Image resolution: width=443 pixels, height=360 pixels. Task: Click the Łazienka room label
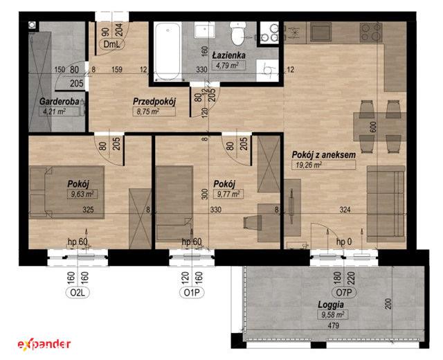pos(228,55)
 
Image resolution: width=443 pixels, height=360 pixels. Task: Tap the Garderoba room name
pos(59,102)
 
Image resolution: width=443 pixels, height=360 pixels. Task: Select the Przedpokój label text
pos(154,102)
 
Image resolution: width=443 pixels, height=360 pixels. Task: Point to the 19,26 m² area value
pos(309,165)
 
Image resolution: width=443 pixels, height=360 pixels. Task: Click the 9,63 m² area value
pos(82,194)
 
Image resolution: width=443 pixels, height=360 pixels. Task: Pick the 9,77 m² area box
pos(228,194)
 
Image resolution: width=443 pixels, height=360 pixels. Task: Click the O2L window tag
pos(78,293)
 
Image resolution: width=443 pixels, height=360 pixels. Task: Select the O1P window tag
pos(192,293)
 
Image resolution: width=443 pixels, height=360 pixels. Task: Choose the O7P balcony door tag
pos(344,292)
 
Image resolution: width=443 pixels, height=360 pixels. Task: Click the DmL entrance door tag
pos(111,44)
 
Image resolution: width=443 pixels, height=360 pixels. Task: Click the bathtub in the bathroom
pos(168,52)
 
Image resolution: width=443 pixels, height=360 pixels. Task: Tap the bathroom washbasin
pos(205,30)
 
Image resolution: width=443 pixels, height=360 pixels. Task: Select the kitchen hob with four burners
pos(371,33)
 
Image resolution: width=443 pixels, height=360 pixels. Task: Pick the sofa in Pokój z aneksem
pos(386,204)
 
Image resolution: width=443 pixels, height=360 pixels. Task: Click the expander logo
pos(44,344)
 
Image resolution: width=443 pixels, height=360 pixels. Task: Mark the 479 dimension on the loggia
pos(334,326)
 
